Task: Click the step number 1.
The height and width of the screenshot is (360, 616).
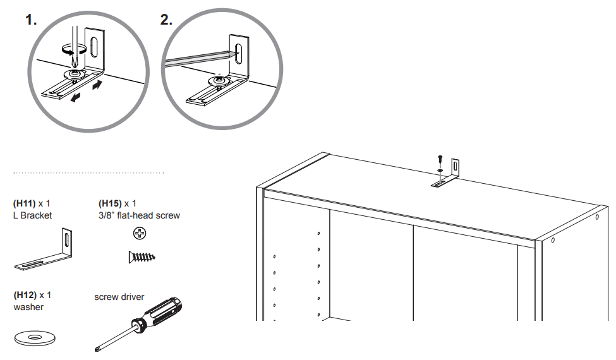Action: coord(30,20)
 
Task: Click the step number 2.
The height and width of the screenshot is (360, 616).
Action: coord(166,20)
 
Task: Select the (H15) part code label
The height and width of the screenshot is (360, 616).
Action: coord(111,203)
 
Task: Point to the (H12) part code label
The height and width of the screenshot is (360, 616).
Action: coord(25,295)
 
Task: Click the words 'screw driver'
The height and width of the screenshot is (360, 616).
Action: coord(119,297)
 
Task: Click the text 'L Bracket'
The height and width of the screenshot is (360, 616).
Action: coord(32,215)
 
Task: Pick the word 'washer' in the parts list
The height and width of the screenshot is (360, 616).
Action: coord(28,307)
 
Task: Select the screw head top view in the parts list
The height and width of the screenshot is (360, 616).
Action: coord(139,234)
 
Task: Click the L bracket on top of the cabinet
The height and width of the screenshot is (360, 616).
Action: coord(449,177)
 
